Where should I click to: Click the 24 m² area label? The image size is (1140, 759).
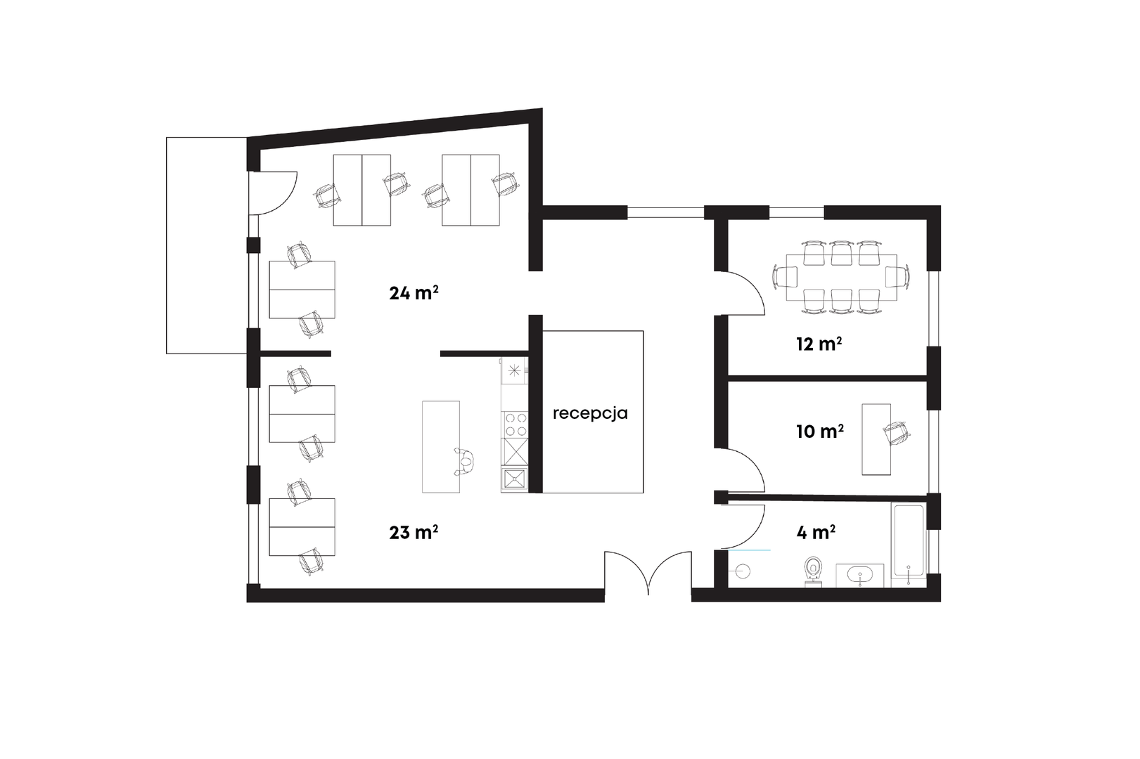[x=414, y=292]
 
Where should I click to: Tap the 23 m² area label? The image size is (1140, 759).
[x=414, y=532]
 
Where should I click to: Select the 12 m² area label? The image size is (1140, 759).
[x=819, y=344]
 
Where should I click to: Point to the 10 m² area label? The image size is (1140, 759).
[x=820, y=432]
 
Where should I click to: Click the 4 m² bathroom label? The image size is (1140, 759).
[x=816, y=532]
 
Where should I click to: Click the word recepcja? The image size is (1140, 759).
[x=590, y=413]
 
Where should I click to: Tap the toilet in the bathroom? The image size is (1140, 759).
[x=814, y=571]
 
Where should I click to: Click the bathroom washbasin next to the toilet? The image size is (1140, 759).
[x=859, y=576]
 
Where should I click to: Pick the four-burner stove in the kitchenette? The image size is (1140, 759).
[x=515, y=424]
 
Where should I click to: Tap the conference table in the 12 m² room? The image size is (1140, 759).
[x=841, y=278]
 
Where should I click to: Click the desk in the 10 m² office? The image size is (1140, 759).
[x=876, y=439]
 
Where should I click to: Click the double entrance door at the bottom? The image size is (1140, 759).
[x=648, y=572]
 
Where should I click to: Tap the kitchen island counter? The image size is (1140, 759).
[x=441, y=447]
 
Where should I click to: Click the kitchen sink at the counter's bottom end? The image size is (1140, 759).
[x=514, y=479]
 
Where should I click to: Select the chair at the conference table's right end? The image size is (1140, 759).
[x=898, y=278]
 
